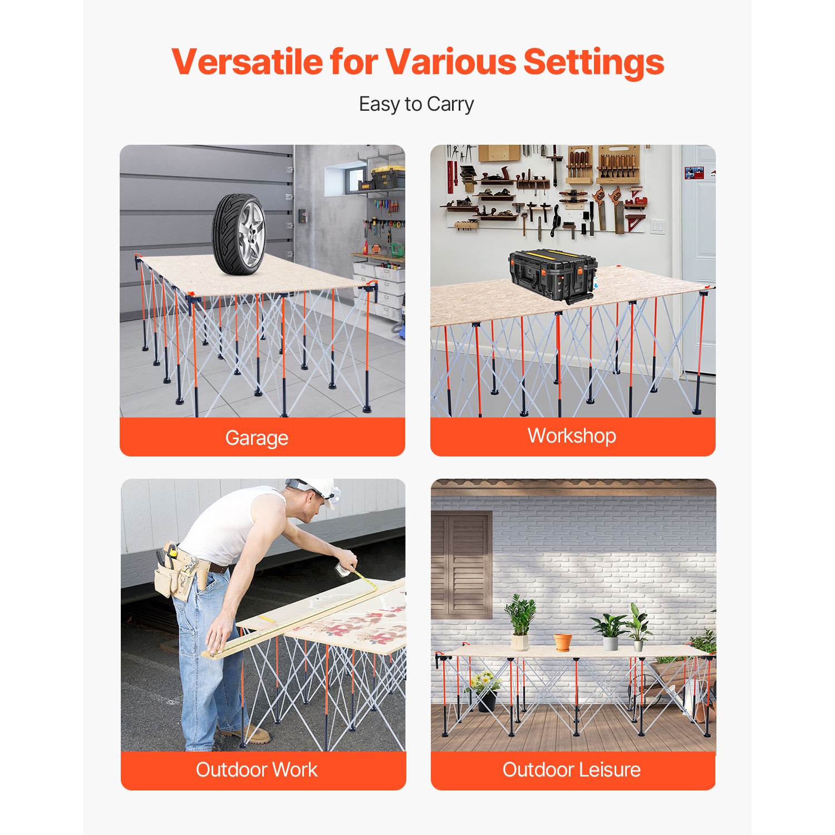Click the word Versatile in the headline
(247, 61)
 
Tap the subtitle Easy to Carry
(416, 104)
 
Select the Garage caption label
(257, 438)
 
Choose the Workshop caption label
(572, 436)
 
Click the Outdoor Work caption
(257, 770)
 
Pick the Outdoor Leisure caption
(572, 770)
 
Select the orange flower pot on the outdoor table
(563, 641)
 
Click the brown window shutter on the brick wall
(462, 565)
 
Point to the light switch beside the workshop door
(658, 226)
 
